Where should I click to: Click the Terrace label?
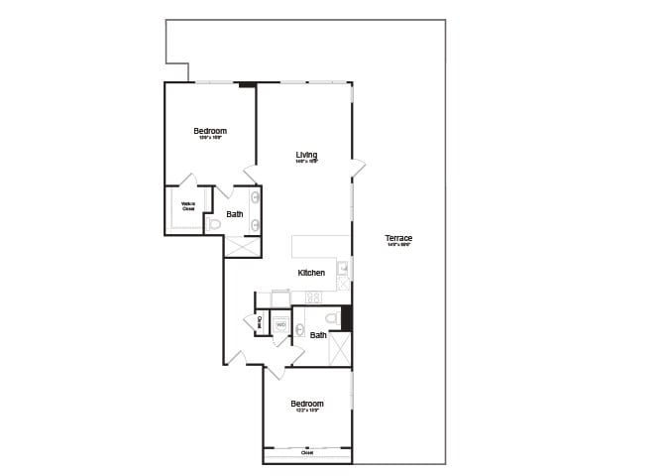(x=398, y=239)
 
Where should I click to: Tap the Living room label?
(x=306, y=155)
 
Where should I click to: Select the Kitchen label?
(x=311, y=273)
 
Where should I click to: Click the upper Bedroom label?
(x=210, y=132)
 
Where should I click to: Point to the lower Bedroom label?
(x=307, y=405)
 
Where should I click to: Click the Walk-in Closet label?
(x=188, y=206)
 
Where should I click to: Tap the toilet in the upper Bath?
(x=214, y=225)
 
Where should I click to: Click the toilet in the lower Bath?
(x=332, y=317)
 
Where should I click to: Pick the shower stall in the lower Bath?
(x=339, y=349)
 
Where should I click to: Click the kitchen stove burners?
(x=313, y=297)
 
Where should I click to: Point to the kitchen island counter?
(x=320, y=246)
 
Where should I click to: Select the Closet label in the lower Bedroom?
(x=307, y=453)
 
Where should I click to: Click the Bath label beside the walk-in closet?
(x=235, y=214)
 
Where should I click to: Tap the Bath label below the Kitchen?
(x=318, y=335)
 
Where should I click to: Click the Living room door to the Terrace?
(x=357, y=169)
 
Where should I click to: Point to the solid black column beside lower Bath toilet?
(x=347, y=317)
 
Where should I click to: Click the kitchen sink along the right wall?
(x=343, y=268)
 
